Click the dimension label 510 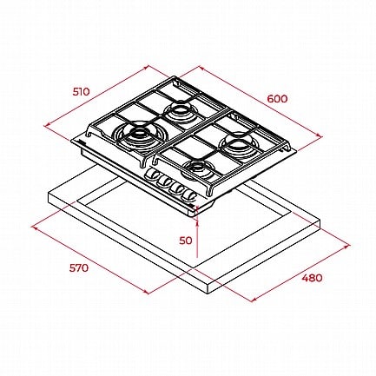coord(82,92)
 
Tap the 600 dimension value coord(277,99)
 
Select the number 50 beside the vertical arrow coord(186,241)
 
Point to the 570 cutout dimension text coord(79,267)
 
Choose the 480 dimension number coord(312,278)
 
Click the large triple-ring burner coord(140,135)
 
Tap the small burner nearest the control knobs coord(197,169)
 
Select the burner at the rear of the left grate coord(180,111)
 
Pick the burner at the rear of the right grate coord(237,145)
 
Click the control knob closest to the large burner coord(152,175)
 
